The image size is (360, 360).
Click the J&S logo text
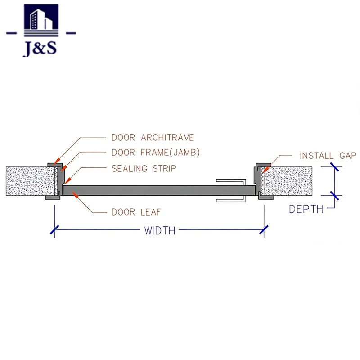point(40,48)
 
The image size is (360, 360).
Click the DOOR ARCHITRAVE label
point(153,138)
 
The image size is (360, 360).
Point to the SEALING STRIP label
point(144,169)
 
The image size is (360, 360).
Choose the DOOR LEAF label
point(136,211)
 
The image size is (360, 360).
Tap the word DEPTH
point(306,209)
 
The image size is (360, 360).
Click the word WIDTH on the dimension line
point(159,231)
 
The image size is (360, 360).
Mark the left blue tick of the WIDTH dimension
point(54,230)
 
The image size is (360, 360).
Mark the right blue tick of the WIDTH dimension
point(264,230)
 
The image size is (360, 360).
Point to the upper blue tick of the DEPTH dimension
point(334,167)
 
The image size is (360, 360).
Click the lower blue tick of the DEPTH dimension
point(334,196)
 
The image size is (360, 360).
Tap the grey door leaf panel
point(153,190)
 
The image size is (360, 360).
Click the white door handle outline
point(232,190)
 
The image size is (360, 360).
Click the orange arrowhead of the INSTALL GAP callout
point(264,171)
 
